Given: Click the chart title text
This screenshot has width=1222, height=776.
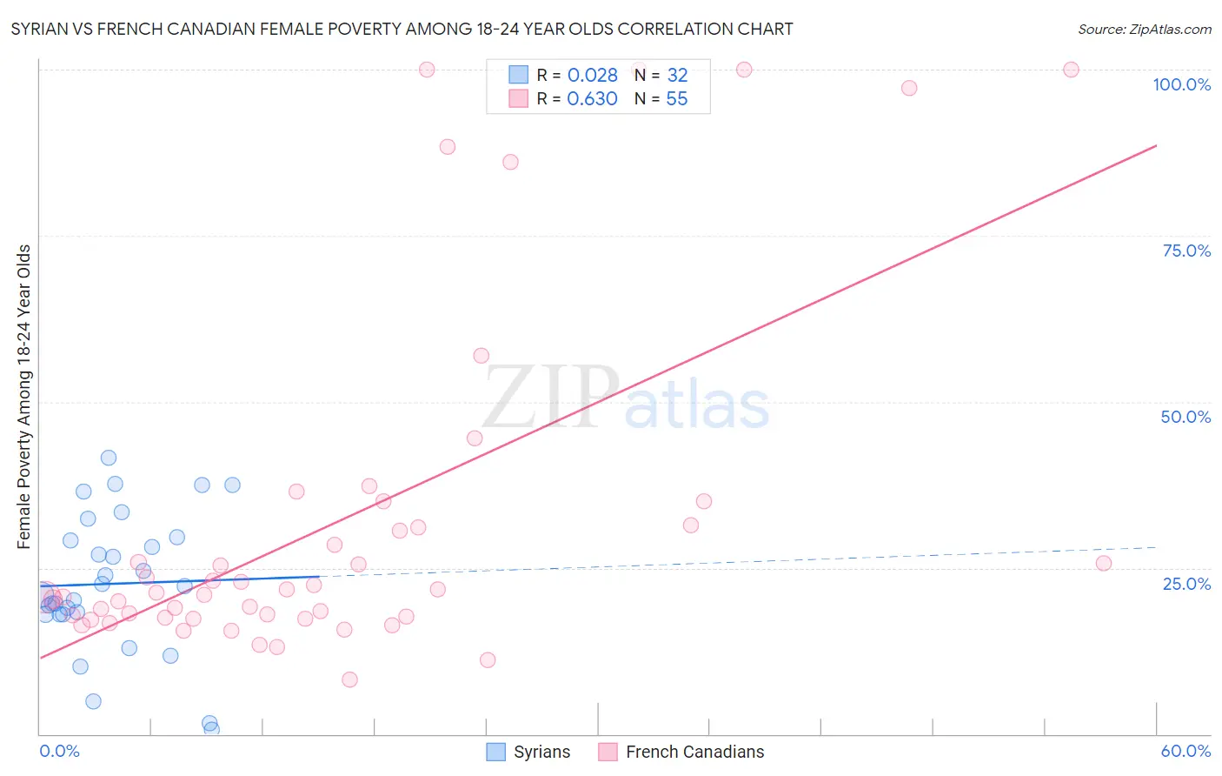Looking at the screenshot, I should [x=402, y=30].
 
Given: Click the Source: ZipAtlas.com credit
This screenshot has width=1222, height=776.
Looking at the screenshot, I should [x=1144, y=30].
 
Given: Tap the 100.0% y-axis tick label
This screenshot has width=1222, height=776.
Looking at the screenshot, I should [x=1181, y=84].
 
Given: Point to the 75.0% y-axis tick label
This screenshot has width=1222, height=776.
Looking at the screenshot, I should [x=1185, y=251].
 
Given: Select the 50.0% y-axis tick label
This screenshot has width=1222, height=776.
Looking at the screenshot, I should [x=1185, y=417].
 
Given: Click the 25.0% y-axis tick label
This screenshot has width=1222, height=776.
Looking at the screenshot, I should [x=1185, y=584].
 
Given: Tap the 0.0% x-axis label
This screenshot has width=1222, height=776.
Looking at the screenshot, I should [x=59, y=751].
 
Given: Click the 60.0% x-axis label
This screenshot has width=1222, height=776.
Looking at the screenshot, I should [x=1185, y=751].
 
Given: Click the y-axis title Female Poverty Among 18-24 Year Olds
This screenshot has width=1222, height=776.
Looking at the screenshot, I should [x=24, y=397].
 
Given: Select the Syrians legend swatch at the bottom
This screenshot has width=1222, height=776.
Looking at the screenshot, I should [x=496, y=752].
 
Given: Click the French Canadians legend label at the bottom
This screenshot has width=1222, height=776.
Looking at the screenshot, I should [x=694, y=752].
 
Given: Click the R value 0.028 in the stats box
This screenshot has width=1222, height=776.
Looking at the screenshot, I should [x=592, y=76].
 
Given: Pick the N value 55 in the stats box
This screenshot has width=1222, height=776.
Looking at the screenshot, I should [x=676, y=99].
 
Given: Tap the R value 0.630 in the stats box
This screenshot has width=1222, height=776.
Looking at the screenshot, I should [x=592, y=99].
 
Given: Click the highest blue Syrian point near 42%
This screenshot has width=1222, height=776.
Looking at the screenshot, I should [x=109, y=458].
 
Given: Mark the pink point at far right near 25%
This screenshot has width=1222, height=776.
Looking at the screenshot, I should [x=1104, y=563].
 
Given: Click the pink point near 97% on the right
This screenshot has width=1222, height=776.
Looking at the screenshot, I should [x=909, y=88].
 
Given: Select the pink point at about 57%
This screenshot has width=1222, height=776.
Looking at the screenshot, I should [x=481, y=356].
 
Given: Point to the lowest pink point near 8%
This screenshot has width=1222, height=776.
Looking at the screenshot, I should [x=349, y=679].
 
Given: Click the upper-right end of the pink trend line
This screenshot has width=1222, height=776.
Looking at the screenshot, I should [x=1156, y=145].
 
